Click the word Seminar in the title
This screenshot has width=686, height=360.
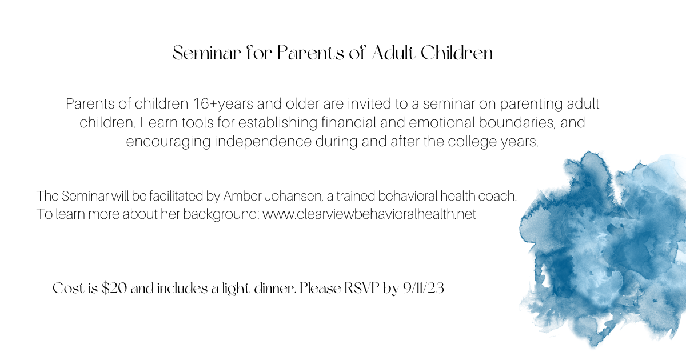click(x=206, y=53)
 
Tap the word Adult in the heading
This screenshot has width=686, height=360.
click(x=394, y=53)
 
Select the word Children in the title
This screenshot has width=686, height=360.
click(x=457, y=53)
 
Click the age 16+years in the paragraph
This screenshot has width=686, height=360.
click(x=223, y=104)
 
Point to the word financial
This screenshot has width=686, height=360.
click(x=349, y=122)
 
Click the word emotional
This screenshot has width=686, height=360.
click(x=441, y=122)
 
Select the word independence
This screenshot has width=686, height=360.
click(x=263, y=142)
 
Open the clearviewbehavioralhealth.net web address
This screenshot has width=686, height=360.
click(x=369, y=214)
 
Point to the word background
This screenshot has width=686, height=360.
click(x=221, y=214)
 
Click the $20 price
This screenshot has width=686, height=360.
click(x=114, y=288)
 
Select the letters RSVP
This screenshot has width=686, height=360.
click(x=362, y=288)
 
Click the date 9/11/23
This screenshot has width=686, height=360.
click(x=424, y=288)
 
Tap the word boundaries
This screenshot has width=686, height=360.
click(x=517, y=122)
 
